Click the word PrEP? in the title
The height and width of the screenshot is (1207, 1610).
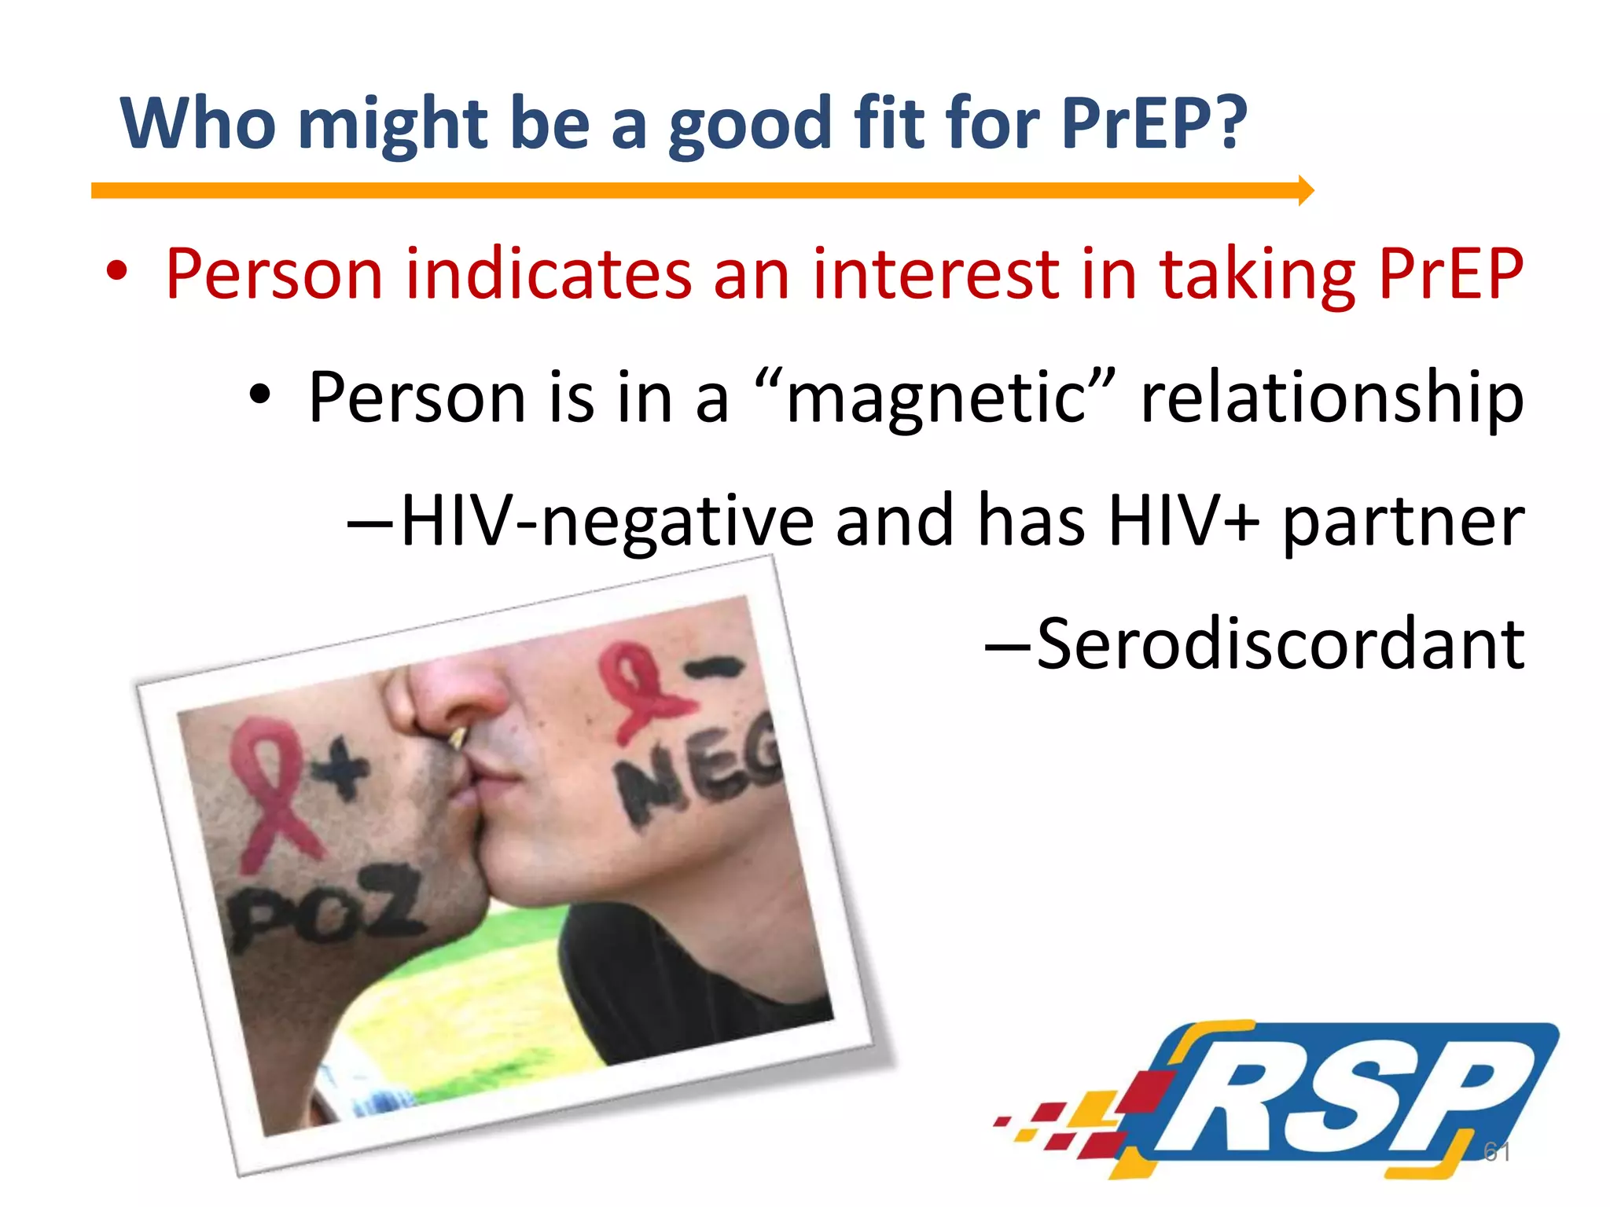(1153, 123)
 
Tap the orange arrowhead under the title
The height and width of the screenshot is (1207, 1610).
(1305, 190)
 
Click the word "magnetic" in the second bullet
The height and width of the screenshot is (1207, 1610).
(935, 397)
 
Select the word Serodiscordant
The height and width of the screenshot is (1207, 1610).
(1281, 644)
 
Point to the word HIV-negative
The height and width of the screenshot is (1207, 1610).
(607, 520)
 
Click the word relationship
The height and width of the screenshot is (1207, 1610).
(1332, 398)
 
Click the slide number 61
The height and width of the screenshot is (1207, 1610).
(1496, 1151)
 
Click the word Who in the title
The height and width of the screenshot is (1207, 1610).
(197, 123)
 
